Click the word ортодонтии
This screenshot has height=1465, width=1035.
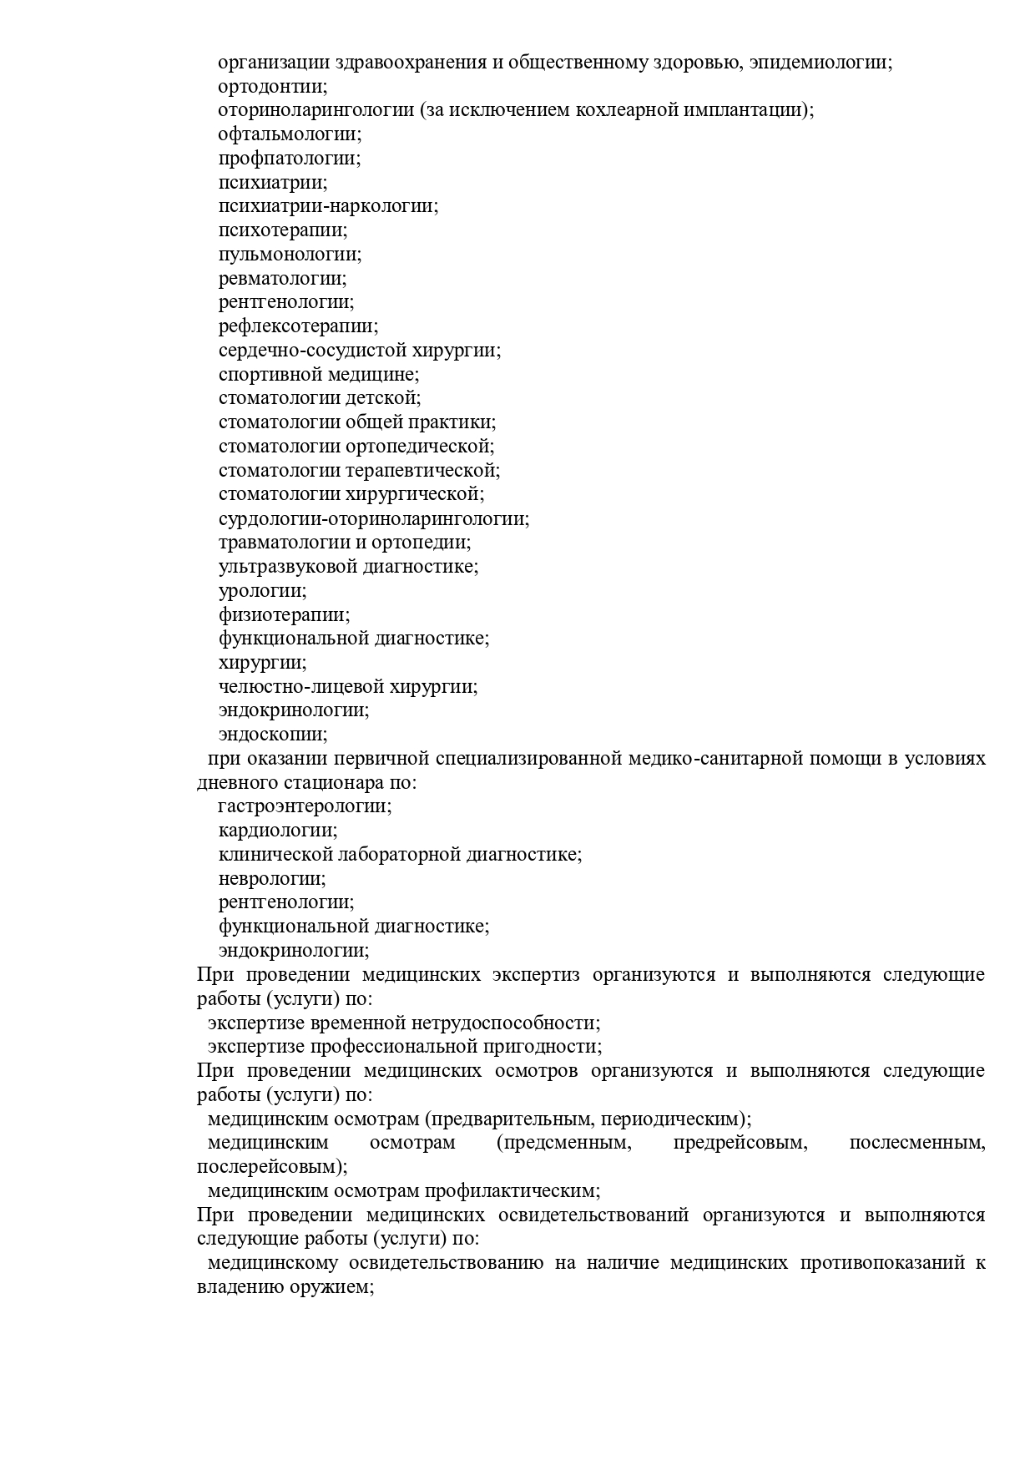tap(272, 87)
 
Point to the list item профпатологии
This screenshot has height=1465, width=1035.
tap(290, 159)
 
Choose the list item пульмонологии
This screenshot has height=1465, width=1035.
tap(290, 255)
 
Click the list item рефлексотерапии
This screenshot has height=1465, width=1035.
tap(298, 326)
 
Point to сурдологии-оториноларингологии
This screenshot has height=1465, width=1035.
tap(373, 518)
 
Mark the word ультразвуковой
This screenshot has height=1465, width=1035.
tap(288, 567)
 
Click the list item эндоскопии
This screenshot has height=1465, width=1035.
tap(272, 735)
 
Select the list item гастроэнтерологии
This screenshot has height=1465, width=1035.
tap(304, 806)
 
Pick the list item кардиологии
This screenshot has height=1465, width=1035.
tap(278, 831)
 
